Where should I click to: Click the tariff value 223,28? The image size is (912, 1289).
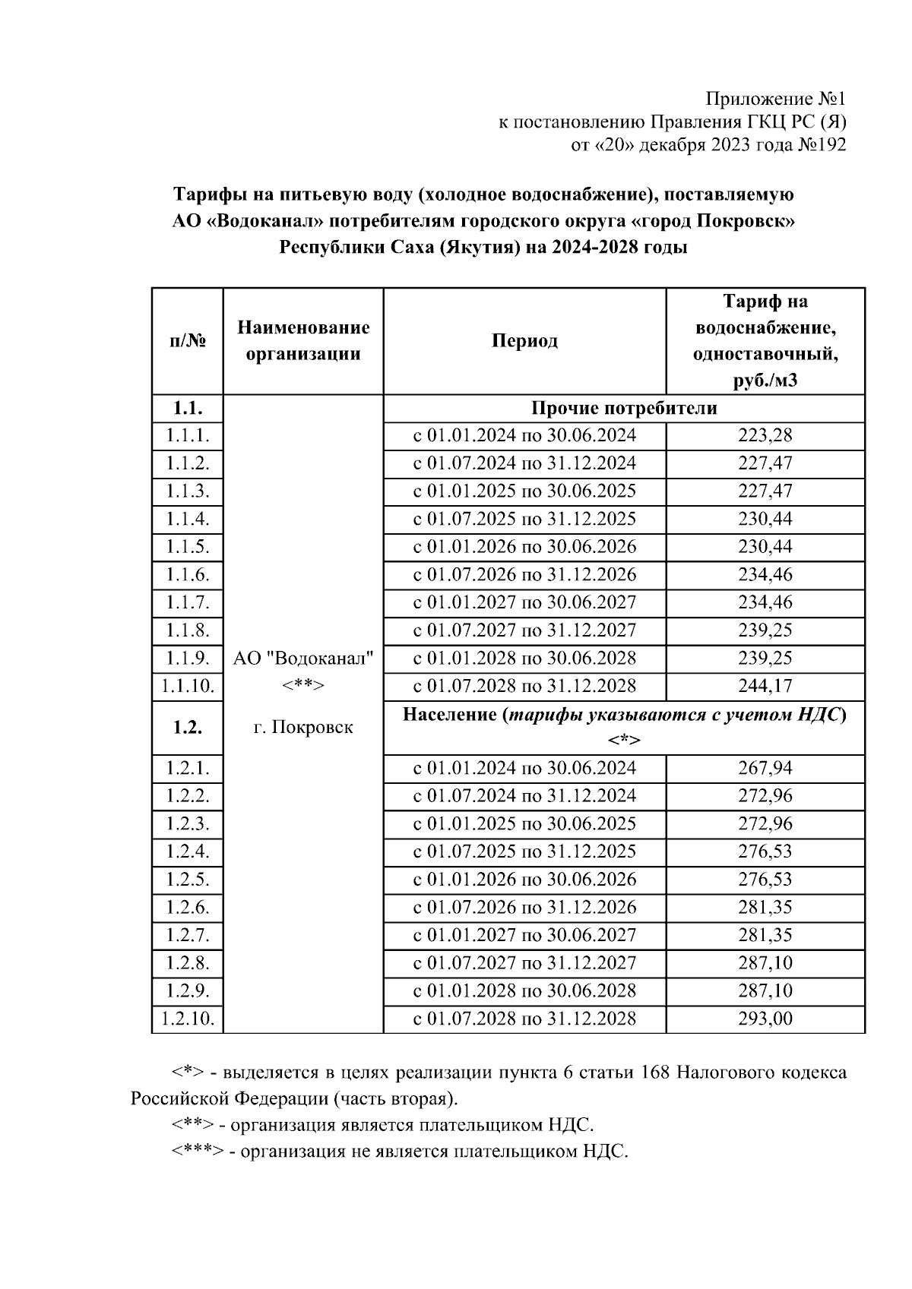click(x=765, y=436)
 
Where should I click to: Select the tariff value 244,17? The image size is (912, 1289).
click(x=765, y=687)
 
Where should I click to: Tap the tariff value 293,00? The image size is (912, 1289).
click(x=765, y=1019)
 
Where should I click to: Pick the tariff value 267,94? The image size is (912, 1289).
click(x=765, y=769)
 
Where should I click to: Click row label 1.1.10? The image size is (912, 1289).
click(x=188, y=687)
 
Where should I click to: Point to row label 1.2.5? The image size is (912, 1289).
click(x=188, y=880)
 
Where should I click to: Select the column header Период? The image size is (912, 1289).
click(x=524, y=341)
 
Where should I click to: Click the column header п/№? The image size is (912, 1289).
click(x=188, y=341)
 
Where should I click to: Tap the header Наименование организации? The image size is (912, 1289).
click(x=303, y=341)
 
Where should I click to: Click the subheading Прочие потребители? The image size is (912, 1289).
click(x=623, y=409)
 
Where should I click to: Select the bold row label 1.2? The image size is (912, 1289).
click(x=188, y=728)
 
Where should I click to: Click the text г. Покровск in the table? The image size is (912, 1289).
click(x=303, y=728)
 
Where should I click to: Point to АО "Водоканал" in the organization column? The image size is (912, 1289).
click(x=303, y=659)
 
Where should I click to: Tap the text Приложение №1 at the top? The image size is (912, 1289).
click(x=775, y=100)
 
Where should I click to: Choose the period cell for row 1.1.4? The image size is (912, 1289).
click(x=524, y=520)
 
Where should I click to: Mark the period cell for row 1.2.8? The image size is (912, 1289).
click(x=524, y=963)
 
